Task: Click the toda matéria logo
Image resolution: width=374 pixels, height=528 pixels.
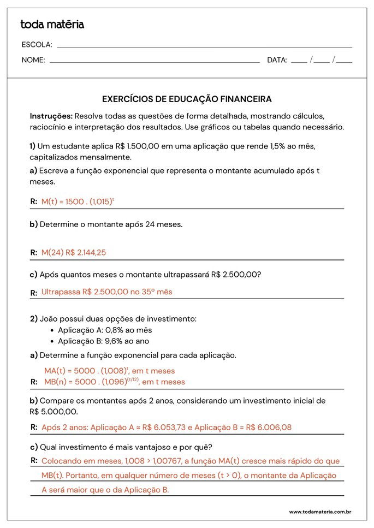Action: tap(52, 25)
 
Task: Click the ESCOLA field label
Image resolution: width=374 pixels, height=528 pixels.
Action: tap(37, 45)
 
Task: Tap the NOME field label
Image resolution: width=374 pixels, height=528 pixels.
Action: tap(33, 60)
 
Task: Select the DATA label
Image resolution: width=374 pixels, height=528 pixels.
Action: tap(277, 60)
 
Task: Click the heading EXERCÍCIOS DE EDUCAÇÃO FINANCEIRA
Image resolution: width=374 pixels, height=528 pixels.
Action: tap(187, 99)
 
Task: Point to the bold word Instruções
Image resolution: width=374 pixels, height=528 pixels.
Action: tap(51, 116)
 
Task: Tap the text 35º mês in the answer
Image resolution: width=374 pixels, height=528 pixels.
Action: tap(157, 292)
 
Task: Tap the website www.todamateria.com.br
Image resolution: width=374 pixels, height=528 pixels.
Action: tap(319, 512)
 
